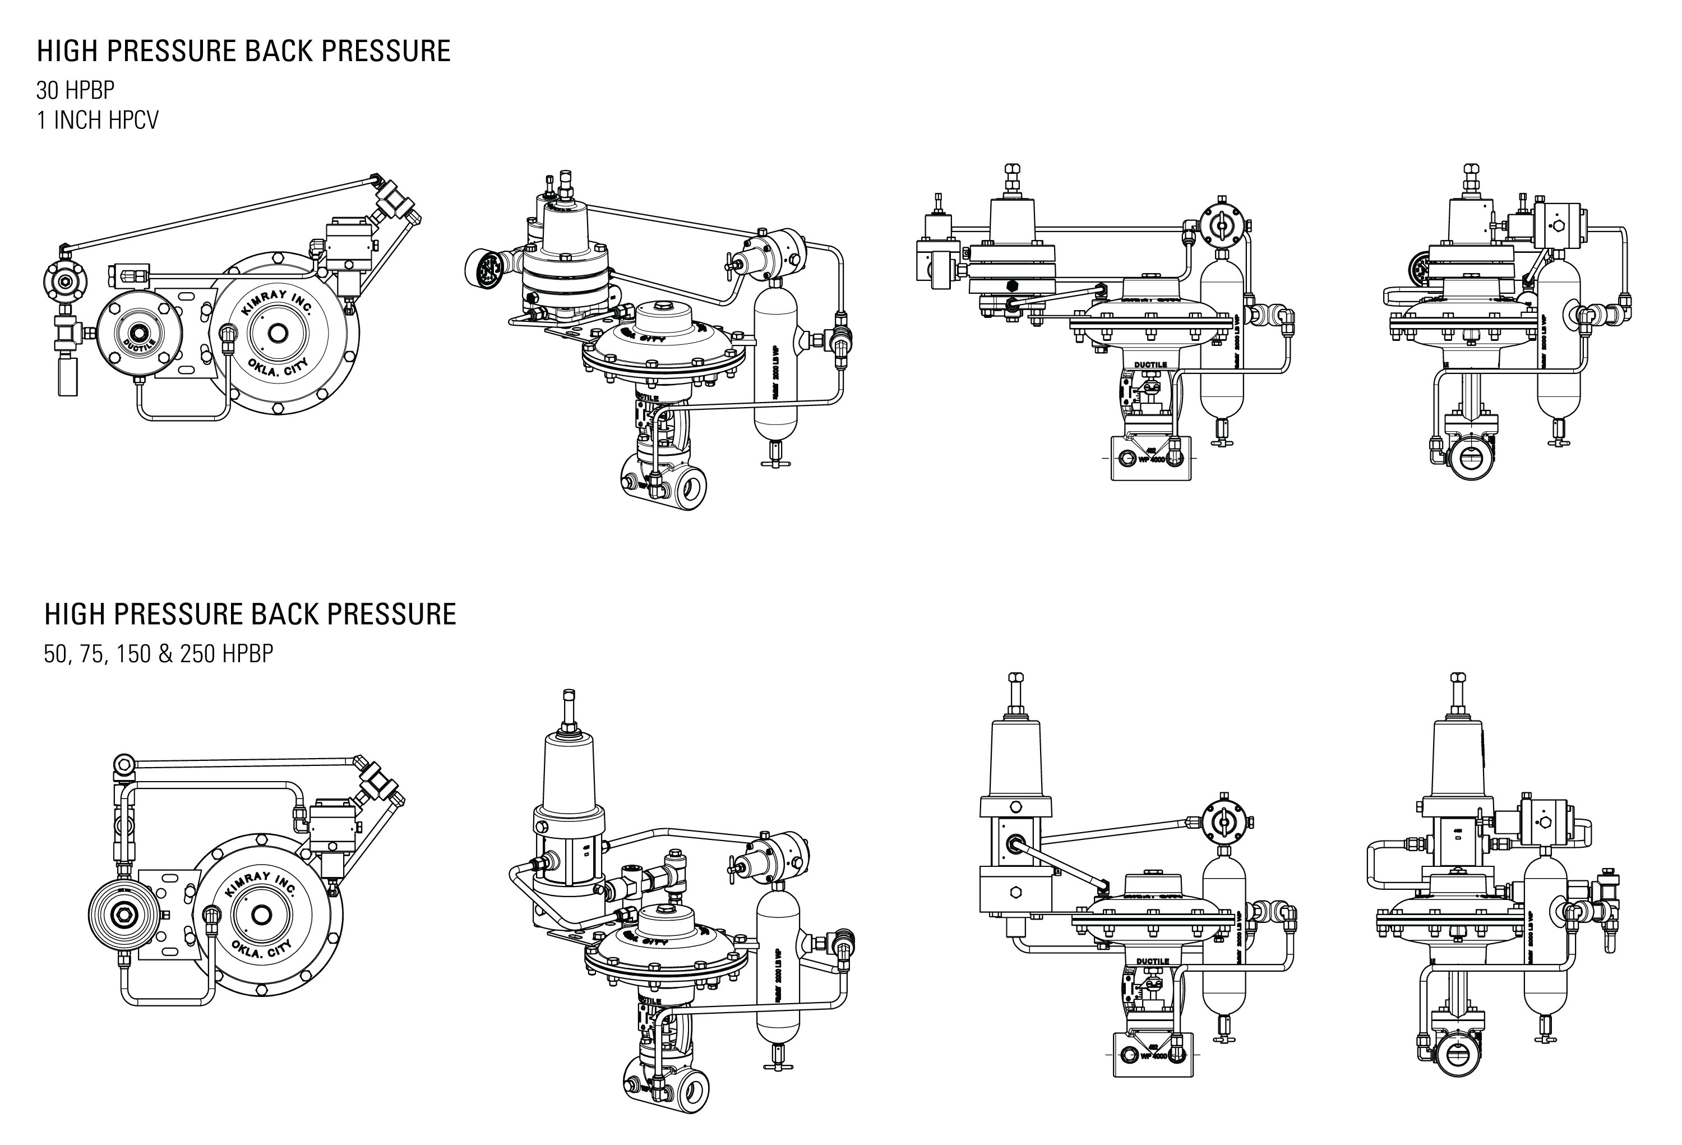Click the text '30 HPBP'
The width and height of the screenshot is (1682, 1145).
click(75, 90)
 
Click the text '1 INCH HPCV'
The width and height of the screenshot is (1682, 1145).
click(97, 120)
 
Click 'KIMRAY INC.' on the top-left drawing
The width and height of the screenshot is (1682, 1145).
click(276, 303)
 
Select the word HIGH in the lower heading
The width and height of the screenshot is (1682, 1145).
click(75, 614)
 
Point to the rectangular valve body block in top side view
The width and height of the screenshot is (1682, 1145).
click(1150, 458)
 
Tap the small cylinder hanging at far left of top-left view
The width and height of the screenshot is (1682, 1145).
click(67, 376)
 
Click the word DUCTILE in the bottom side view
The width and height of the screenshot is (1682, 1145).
click(1152, 961)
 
